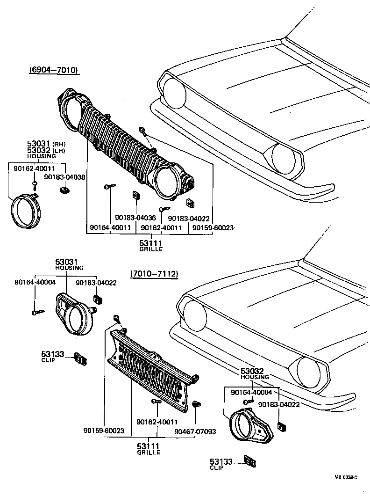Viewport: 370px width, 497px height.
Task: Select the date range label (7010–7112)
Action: pos(154,274)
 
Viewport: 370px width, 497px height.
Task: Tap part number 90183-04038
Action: pos(64,177)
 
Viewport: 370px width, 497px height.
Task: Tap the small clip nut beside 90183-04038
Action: pos(64,190)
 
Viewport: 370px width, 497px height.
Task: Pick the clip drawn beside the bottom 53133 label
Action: pos(249,461)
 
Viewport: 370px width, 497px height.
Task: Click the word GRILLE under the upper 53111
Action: pos(151,250)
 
